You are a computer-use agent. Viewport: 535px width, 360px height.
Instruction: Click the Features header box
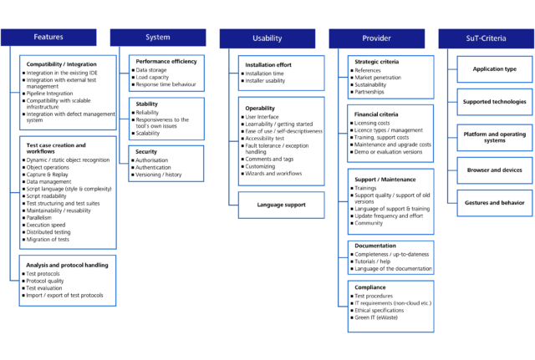click(48, 38)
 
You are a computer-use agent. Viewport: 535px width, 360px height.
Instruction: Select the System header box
click(157, 38)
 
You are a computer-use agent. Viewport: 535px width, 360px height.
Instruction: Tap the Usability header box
click(267, 38)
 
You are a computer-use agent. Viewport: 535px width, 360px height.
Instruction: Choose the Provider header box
click(376, 38)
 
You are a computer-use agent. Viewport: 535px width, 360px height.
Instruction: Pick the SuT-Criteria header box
click(486, 38)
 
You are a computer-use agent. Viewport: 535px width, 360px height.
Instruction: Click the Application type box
click(495, 69)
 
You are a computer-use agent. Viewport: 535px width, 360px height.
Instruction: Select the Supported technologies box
click(495, 103)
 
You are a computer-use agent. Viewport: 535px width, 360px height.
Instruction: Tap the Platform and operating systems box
click(495, 135)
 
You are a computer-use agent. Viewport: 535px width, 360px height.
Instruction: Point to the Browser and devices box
click(495, 170)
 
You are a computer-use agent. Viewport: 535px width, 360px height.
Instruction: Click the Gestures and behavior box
click(495, 202)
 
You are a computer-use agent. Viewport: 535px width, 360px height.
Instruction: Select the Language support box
click(281, 205)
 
